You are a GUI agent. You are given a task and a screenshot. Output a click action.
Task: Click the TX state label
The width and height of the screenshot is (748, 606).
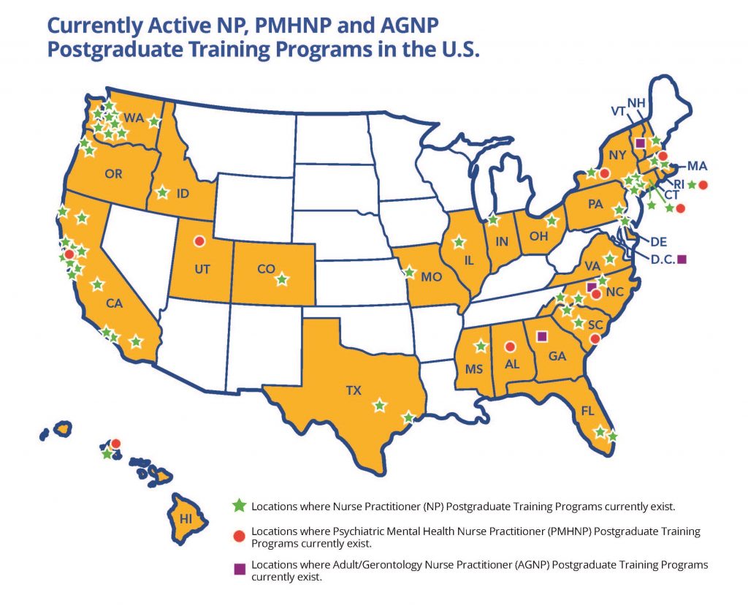click(354, 391)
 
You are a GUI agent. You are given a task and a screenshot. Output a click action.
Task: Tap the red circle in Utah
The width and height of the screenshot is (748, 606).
click(199, 240)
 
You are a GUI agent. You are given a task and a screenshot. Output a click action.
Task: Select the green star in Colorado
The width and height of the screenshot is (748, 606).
click(281, 279)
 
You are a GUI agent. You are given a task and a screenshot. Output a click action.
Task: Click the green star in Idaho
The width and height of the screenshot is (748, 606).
click(163, 193)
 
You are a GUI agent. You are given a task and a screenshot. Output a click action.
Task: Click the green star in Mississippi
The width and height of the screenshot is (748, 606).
click(481, 345)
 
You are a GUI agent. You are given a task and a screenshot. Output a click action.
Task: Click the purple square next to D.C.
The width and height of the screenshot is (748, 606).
click(682, 259)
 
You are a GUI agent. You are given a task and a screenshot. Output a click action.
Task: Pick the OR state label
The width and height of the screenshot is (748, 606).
click(113, 175)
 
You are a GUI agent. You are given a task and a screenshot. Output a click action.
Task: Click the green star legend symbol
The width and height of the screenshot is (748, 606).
click(238, 505)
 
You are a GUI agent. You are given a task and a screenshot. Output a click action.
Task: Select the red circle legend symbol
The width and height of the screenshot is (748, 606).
click(238, 537)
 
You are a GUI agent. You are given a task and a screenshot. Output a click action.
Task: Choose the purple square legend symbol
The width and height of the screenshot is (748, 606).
click(238, 568)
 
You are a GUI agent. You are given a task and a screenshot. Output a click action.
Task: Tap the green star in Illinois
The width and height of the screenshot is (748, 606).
click(459, 242)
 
